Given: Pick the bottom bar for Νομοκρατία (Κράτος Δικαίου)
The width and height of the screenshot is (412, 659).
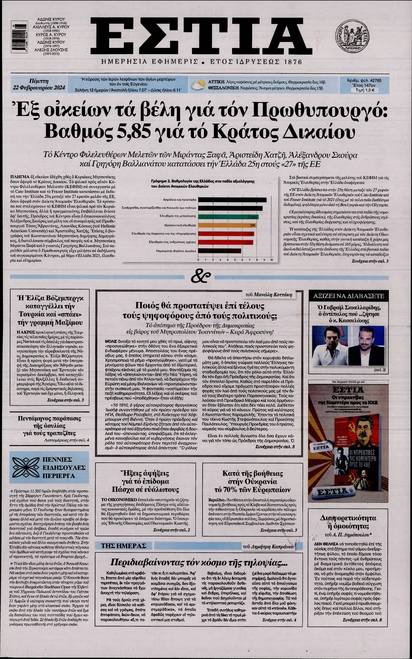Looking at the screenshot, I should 219,251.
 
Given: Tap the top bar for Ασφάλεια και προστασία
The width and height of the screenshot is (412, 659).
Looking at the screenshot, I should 232,200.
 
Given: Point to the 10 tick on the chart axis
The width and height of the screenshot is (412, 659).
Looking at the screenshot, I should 271,260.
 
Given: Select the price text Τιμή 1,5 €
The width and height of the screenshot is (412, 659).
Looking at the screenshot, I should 363,90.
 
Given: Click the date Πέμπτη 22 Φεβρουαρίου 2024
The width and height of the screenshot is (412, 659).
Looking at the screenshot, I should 39,84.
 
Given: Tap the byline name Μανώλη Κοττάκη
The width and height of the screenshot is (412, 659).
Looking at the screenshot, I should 273,294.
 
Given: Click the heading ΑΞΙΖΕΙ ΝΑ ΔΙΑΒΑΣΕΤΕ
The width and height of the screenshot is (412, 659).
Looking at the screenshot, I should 348,296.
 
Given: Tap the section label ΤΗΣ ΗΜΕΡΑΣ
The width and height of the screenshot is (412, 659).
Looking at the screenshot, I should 123,545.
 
